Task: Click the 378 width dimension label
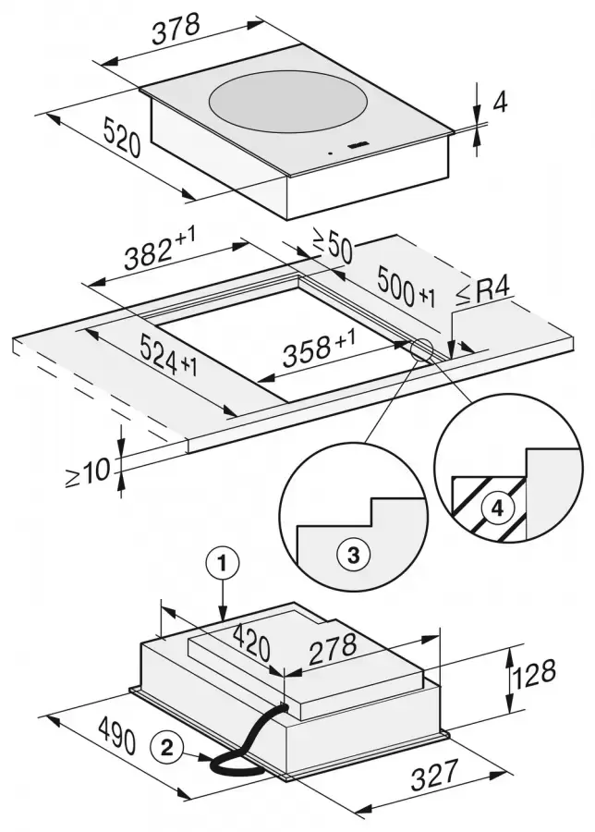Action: pos(176,29)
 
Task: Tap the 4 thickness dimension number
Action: pos(500,104)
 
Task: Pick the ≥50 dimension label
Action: pos(332,249)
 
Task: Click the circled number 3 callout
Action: pos(354,555)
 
